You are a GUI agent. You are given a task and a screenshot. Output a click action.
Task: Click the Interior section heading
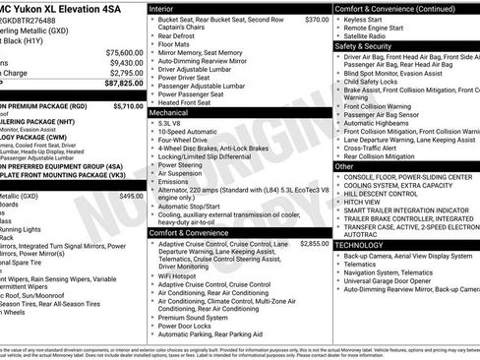click(168, 8)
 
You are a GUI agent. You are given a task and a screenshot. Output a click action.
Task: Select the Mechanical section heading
click(173, 113)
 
